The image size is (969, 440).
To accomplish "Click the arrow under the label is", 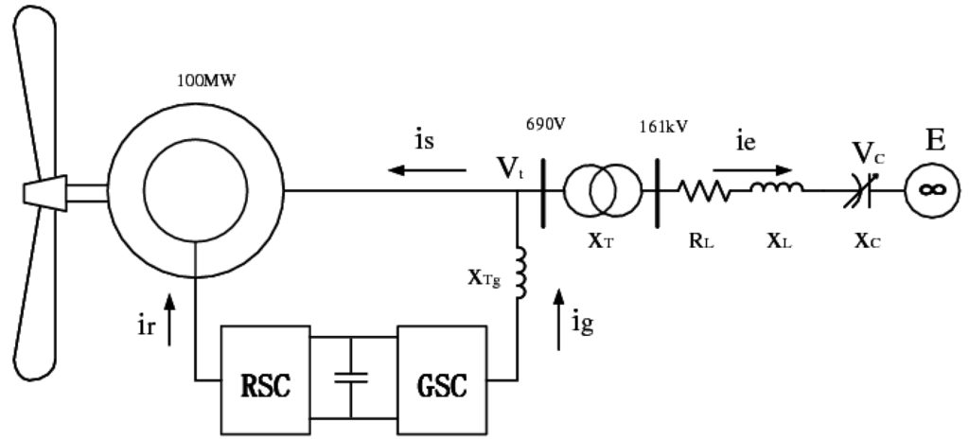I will tap(429, 170).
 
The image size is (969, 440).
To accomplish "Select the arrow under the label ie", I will tap(752, 171).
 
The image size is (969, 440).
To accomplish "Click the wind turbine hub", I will tap(44, 191).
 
